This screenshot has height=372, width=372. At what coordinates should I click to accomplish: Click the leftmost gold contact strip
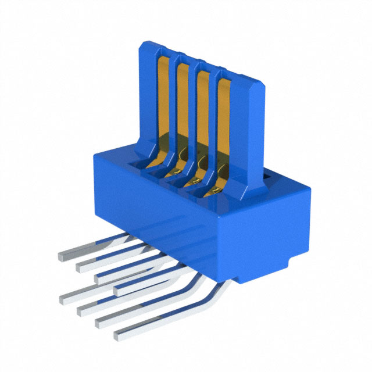point(162,99)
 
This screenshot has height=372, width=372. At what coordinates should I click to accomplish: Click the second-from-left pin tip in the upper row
point(80,267)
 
